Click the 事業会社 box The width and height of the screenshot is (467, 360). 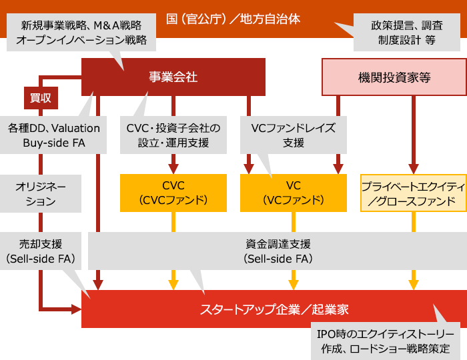point(173,77)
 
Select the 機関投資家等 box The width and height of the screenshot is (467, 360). point(394,77)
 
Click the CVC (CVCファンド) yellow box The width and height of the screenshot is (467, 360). point(173,193)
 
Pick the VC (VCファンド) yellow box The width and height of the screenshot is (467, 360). point(294,193)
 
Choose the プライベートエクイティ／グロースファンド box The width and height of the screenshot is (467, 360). point(413,193)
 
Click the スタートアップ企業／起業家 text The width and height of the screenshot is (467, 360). point(274,309)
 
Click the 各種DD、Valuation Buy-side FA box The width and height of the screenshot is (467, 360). point(53,135)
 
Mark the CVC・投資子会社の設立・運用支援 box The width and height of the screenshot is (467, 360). point(173,135)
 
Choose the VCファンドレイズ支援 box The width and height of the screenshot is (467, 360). point(294,135)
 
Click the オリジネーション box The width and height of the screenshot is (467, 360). point(41,193)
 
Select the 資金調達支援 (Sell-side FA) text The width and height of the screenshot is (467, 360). point(277,251)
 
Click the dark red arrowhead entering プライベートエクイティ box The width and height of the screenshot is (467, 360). point(413,168)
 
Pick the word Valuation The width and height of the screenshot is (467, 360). point(75,128)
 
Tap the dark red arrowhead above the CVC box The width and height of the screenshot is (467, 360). point(173,168)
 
